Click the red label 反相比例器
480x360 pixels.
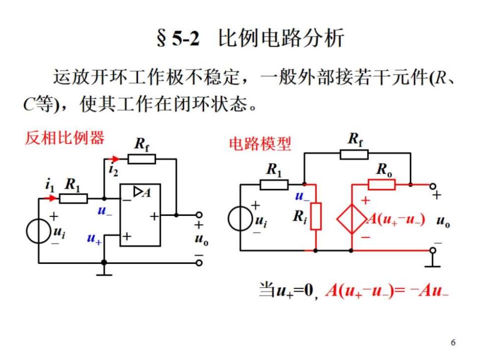[65, 138]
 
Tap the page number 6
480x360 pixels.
[453, 342]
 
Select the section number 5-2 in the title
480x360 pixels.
[186, 38]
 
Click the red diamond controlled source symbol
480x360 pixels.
[352, 219]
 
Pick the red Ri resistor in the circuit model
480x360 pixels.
[315, 216]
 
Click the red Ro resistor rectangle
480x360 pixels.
[382, 185]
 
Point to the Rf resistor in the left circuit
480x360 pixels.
[142, 159]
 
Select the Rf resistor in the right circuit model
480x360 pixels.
[354, 154]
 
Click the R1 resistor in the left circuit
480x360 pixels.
[73, 198]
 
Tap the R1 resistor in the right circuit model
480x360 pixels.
[274, 185]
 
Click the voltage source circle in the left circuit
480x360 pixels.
[39, 231]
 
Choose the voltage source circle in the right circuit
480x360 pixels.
[240, 218]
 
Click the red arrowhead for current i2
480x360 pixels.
[115, 159]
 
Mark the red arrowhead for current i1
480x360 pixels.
[53, 198]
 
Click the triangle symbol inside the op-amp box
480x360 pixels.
[138, 192]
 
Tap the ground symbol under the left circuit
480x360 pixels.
[104, 271]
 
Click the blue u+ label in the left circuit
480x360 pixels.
[94, 239]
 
